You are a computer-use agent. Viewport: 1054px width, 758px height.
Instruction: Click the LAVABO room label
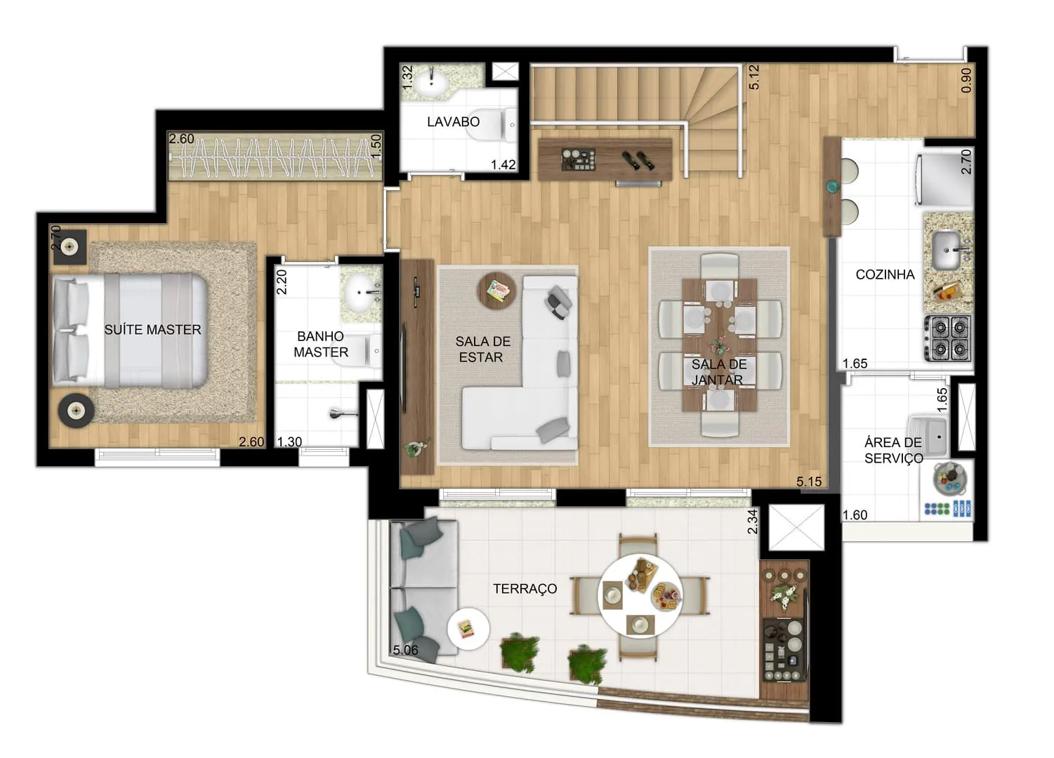(x=453, y=122)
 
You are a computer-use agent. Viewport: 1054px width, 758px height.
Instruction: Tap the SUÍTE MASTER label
(x=152, y=330)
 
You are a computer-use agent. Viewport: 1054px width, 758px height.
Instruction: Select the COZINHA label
(x=885, y=274)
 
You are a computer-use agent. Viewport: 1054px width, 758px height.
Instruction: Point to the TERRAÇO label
(x=525, y=589)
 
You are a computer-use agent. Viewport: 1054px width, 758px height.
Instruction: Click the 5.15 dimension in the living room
(x=809, y=481)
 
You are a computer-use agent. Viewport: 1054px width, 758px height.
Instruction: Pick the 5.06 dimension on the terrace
(x=405, y=651)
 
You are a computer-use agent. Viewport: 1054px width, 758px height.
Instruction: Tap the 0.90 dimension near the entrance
(x=966, y=80)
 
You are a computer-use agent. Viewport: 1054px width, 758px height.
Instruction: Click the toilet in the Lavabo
(x=495, y=125)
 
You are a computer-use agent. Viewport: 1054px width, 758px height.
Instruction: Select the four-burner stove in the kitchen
(x=948, y=338)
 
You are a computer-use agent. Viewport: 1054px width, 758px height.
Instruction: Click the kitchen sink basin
(x=946, y=250)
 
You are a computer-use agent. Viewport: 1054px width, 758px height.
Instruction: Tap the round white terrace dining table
(x=640, y=595)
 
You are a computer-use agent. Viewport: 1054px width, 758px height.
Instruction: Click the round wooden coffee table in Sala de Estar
(x=497, y=291)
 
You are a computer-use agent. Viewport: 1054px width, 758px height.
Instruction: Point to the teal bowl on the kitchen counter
(x=832, y=187)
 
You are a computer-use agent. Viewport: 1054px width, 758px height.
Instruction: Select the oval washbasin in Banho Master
(x=360, y=293)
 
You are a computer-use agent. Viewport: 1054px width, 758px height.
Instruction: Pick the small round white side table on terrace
(x=468, y=629)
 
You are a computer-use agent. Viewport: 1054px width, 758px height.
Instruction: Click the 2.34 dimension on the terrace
(x=752, y=522)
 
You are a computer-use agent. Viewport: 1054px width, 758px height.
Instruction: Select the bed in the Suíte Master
(x=130, y=331)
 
